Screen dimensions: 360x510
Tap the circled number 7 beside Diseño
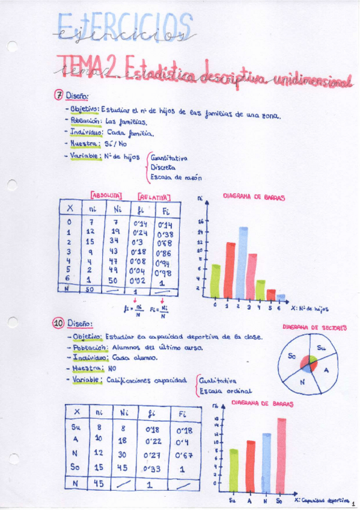[x=59, y=95]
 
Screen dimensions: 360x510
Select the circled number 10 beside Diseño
[x=58, y=324]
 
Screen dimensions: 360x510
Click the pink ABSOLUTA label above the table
[x=106, y=195]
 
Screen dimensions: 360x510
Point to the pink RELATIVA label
[x=154, y=196]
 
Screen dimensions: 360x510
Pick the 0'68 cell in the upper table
[x=165, y=243]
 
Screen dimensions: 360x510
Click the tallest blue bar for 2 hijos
[x=243, y=262]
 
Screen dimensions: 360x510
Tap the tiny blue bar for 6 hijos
[x=281, y=296]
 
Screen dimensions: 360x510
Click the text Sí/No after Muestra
[x=117, y=144]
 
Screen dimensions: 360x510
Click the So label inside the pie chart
[x=293, y=356]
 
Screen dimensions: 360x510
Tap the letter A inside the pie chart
[x=326, y=370]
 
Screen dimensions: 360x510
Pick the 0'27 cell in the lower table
[x=141, y=455]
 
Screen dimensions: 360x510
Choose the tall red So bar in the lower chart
[x=281, y=455]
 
